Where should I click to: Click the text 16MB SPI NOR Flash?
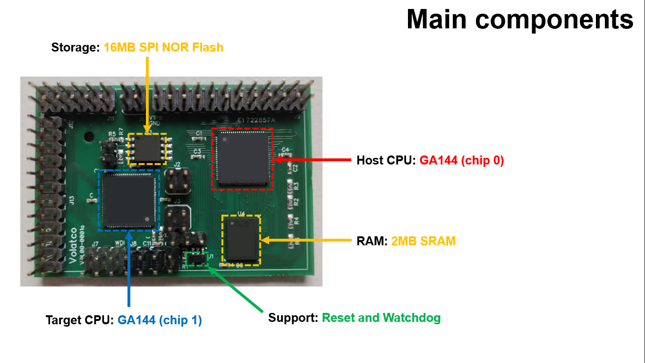pos(163,48)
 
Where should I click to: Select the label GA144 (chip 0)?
pos(462,161)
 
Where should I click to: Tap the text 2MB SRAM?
pos(424,242)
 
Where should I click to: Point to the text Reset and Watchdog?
pos(381,318)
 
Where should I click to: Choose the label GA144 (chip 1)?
pos(160,320)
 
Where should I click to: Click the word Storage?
pos(76,48)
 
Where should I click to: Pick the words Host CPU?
pos(386,161)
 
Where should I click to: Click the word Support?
pos(293,318)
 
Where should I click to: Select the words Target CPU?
pos(79,320)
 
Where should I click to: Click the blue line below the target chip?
pos(128,269)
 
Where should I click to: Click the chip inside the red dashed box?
pos(242,159)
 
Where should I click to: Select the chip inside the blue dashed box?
pos(129,200)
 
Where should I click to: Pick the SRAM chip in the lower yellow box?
pos(241,240)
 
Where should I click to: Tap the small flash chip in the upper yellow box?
pos(147,149)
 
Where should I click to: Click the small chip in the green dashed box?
pos(197,259)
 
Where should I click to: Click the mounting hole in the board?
pos(88,137)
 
